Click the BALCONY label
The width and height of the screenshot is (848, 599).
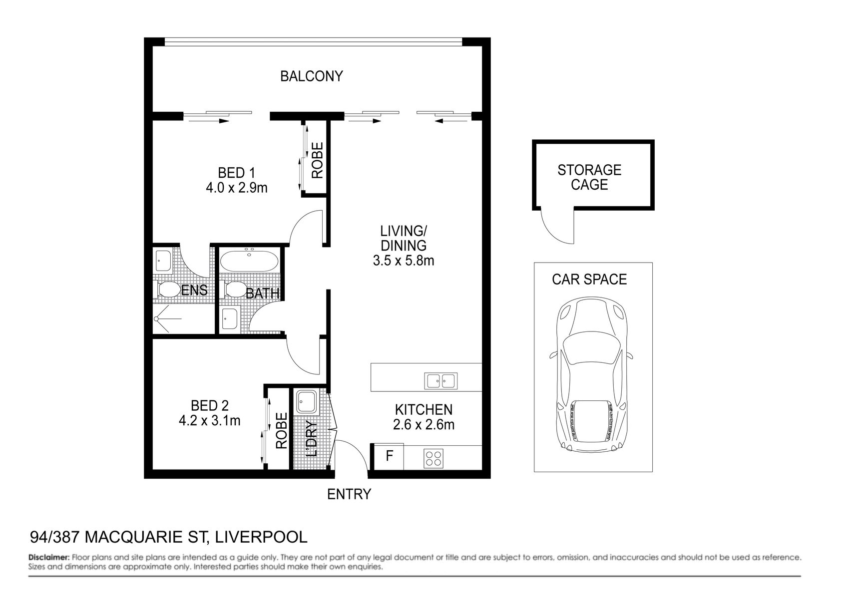click(x=311, y=76)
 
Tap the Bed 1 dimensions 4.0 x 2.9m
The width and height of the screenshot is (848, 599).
click(x=236, y=188)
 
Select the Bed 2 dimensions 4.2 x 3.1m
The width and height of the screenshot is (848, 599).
click(x=209, y=421)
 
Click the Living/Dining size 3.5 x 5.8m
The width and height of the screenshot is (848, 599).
click(x=403, y=261)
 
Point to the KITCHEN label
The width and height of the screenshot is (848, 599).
click(x=424, y=410)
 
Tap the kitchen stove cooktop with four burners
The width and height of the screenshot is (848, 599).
click(x=433, y=458)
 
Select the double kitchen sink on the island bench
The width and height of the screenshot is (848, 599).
click(x=440, y=381)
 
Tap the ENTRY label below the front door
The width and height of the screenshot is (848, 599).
click(x=349, y=494)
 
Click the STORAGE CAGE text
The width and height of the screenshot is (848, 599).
click(x=589, y=177)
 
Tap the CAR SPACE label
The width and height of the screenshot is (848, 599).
click(x=589, y=279)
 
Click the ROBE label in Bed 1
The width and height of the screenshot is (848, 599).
click(x=317, y=161)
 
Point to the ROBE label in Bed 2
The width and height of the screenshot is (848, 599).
click(x=281, y=430)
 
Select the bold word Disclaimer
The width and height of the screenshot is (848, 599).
click(x=49, y=557)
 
